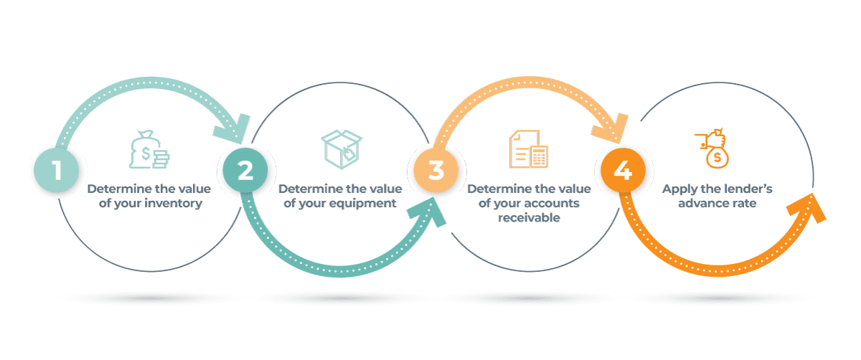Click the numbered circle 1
(x=57, y=171)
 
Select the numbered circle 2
(x=245, y=171)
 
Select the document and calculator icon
(x=529, y=150)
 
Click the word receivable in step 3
(x=529, y=217)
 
